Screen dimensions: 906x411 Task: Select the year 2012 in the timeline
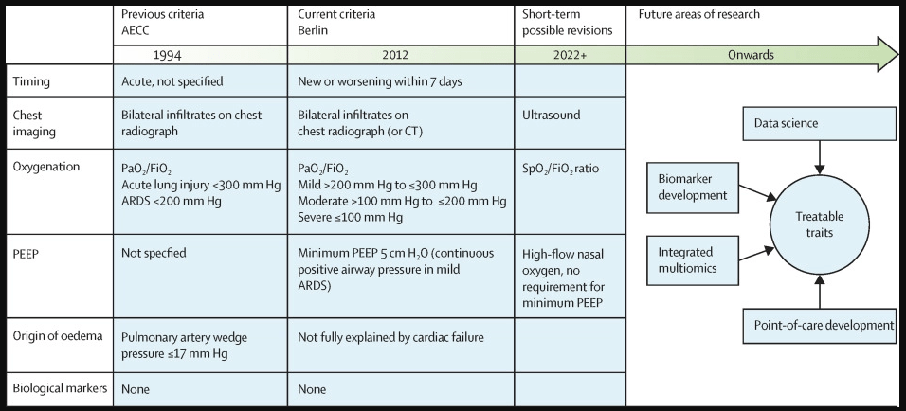coord(394,56)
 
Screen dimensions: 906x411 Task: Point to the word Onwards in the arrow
coord(751,56)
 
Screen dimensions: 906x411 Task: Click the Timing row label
coord(31,81)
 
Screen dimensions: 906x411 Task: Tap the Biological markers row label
coord(60,388)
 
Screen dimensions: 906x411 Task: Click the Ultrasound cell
coord(552,115)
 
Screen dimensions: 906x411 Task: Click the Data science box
coord(820,123)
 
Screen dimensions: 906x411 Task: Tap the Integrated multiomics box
coord(692,260)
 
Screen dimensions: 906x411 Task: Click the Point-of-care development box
coord(820,326)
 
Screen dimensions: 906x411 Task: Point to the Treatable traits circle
coord(820,224)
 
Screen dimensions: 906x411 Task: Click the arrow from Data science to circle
coord(820,157)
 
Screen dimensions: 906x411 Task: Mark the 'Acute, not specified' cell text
coord(172,81)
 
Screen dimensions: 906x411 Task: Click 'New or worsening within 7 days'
coord(380,81)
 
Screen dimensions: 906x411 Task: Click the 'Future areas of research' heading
coord(698,14)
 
